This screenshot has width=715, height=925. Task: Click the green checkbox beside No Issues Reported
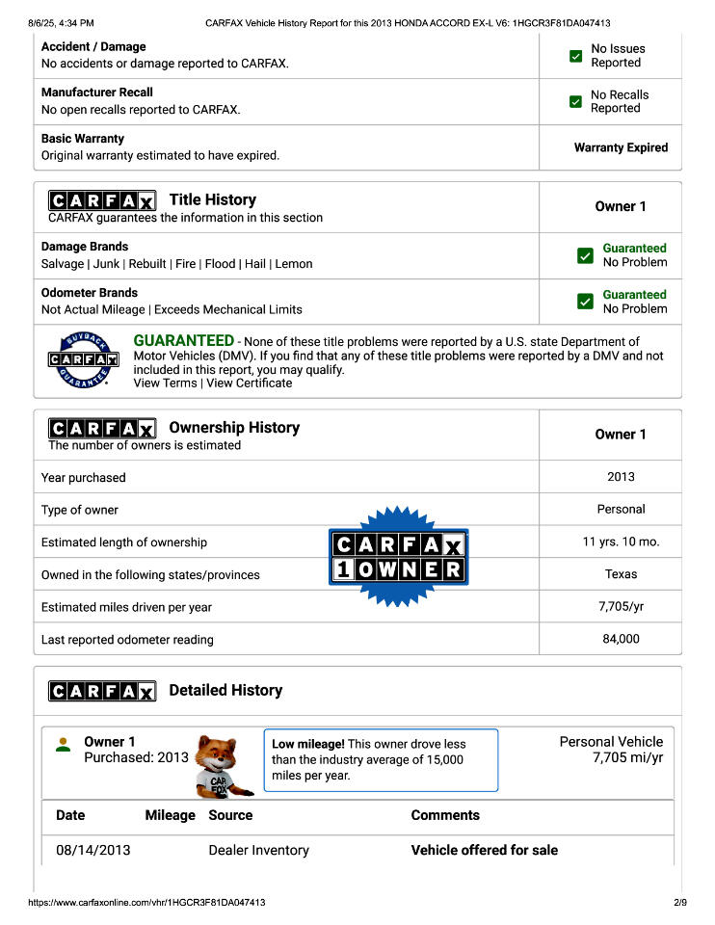(576, 56)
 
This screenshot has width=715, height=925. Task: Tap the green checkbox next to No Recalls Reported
(576, 102)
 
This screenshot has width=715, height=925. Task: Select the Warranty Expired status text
(621, 147)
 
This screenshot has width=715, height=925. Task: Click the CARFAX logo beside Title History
(102, 200)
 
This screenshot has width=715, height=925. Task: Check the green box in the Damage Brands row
(585, 255)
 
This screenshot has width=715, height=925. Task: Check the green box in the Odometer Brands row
(585, 302)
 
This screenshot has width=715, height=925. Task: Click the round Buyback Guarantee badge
(83, 360)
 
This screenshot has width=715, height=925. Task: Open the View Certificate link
(249, 383)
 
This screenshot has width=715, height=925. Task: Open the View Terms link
(165, 383)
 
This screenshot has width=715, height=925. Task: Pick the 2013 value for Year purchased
(621, 477)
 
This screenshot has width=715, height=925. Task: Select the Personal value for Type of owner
(621, 509)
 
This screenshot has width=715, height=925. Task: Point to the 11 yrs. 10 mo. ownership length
(621, 542)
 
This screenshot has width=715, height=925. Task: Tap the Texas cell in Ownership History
(621, 574)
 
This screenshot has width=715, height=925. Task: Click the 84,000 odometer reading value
(621, 639)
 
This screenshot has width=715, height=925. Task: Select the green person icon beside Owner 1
(64, 745)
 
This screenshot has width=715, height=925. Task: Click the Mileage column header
(170, 815)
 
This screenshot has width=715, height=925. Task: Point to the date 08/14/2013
(93, 850)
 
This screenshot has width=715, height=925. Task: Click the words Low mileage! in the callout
(307, 744)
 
